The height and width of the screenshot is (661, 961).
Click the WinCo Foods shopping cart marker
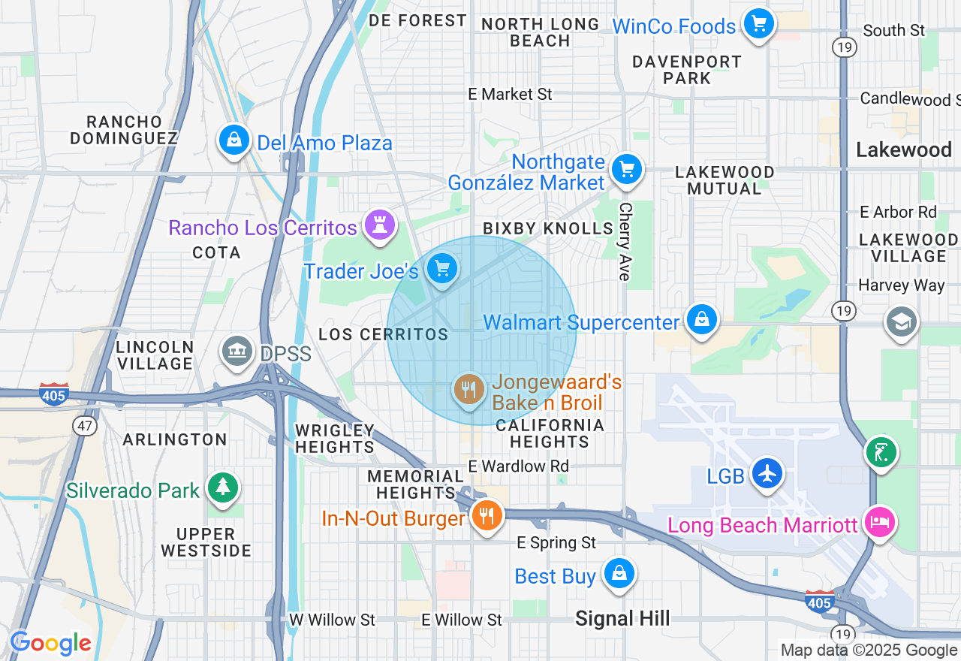click(758, 24)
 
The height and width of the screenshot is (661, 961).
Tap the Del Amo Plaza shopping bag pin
click(234, 140)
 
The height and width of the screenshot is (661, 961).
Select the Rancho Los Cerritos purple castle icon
click(379, 225)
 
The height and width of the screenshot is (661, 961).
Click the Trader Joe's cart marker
click(441, 268)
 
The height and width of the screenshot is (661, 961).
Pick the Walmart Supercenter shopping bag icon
click(701, 320)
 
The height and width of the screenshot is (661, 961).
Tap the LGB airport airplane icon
click(767, 474)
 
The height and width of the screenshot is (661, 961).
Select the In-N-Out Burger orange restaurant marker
click(487, 516)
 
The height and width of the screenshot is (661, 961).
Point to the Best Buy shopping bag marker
click(619, 575)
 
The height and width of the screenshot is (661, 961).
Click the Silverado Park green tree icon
click(222, 488)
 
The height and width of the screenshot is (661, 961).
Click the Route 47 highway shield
click(84, 426)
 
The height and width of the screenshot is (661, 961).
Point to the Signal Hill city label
click(622, 618)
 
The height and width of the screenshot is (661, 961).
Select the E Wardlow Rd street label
click(518, 466)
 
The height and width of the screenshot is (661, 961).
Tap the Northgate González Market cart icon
click(626, 170)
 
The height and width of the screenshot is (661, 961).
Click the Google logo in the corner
click(50, 643)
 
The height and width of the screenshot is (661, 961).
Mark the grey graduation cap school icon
click(901, 321)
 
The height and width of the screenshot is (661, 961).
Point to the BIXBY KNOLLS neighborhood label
click(547, 228)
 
